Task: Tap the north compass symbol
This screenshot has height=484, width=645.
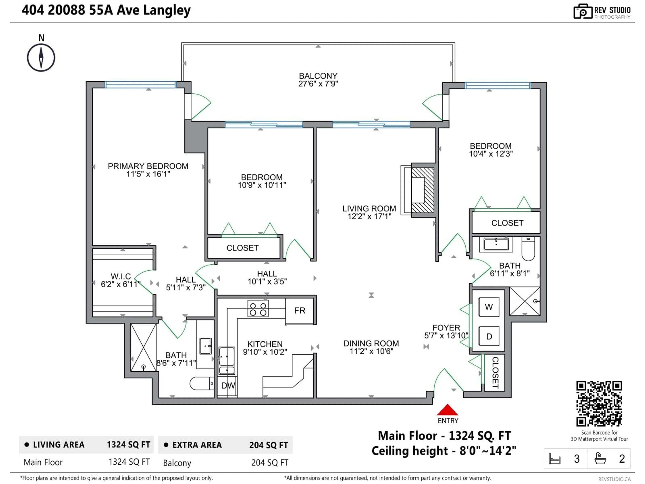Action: pyautogui.click(x=41, y=57)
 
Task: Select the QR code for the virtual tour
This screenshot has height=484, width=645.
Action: pyautogui.click(x=599, y=404)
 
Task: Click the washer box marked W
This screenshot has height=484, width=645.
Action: pyautogui.click(x=489, y=307)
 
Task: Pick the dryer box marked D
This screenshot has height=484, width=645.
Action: pyautogui.click(x=489, y=336)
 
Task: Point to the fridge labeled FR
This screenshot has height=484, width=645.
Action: pyautogui.click(x=300, y=311)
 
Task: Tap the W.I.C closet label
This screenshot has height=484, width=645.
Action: pyautogui.click(x=121, y=276)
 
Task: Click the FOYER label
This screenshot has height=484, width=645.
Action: pyautogui.click(x=446, y=328)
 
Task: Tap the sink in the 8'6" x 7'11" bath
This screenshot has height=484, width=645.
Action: pyautogui.click(x=206, y=346)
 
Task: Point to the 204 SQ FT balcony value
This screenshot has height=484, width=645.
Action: pyautogui.click(x=270, y=463)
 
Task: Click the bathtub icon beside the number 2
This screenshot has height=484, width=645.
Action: pyautogui.click(x=600, y=458)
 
